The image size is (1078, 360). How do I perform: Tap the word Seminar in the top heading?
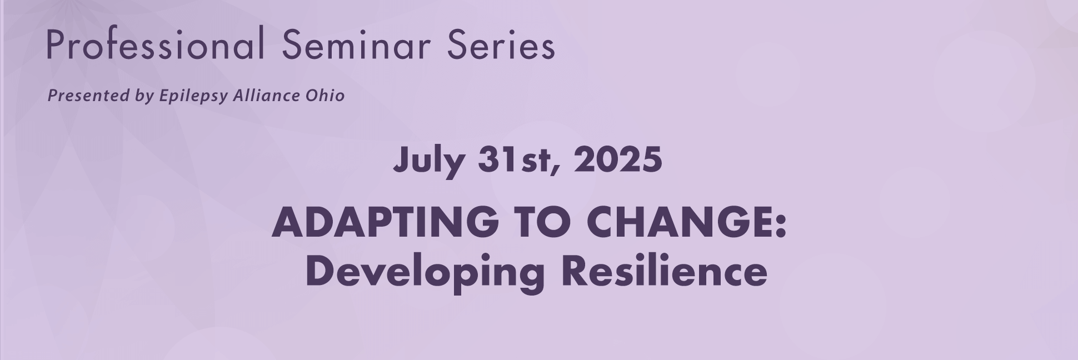356,44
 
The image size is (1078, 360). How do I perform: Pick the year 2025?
618,160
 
